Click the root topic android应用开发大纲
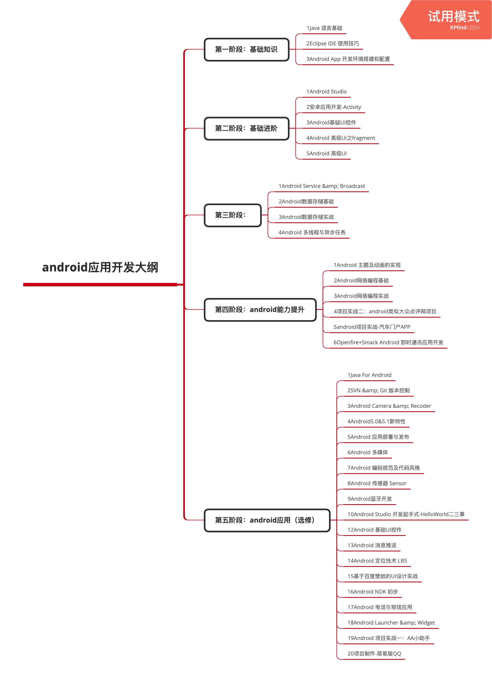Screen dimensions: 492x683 pos(100,267)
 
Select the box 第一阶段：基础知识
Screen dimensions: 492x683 pos(246,49)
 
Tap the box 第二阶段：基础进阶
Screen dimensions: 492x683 pos(246,129)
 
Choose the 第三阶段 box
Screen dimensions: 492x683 pos(233,215)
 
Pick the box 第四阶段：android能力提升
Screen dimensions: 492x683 pos(260,310)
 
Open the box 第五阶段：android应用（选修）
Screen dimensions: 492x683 pos(267,520)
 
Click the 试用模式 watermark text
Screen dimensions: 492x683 pos(454,16)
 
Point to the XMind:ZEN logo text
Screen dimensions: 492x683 pos(465,27)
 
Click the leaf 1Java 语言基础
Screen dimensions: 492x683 pos(324,28)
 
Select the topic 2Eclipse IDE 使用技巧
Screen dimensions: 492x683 pos(333,43)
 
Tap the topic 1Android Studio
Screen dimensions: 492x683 pos(326,92)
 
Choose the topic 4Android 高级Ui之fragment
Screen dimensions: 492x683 pos(340,138)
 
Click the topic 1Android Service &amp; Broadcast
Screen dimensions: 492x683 pos(321,186)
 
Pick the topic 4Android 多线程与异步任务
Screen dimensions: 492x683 pos(312,232)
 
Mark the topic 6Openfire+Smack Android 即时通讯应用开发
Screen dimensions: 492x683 pos(388,342)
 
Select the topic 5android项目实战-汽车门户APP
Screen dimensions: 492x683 pos(372,327)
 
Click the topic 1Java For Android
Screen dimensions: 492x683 pos(369,375)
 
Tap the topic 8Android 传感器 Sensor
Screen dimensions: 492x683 pos(377,483)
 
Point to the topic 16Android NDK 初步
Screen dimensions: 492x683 pos(373,592)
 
